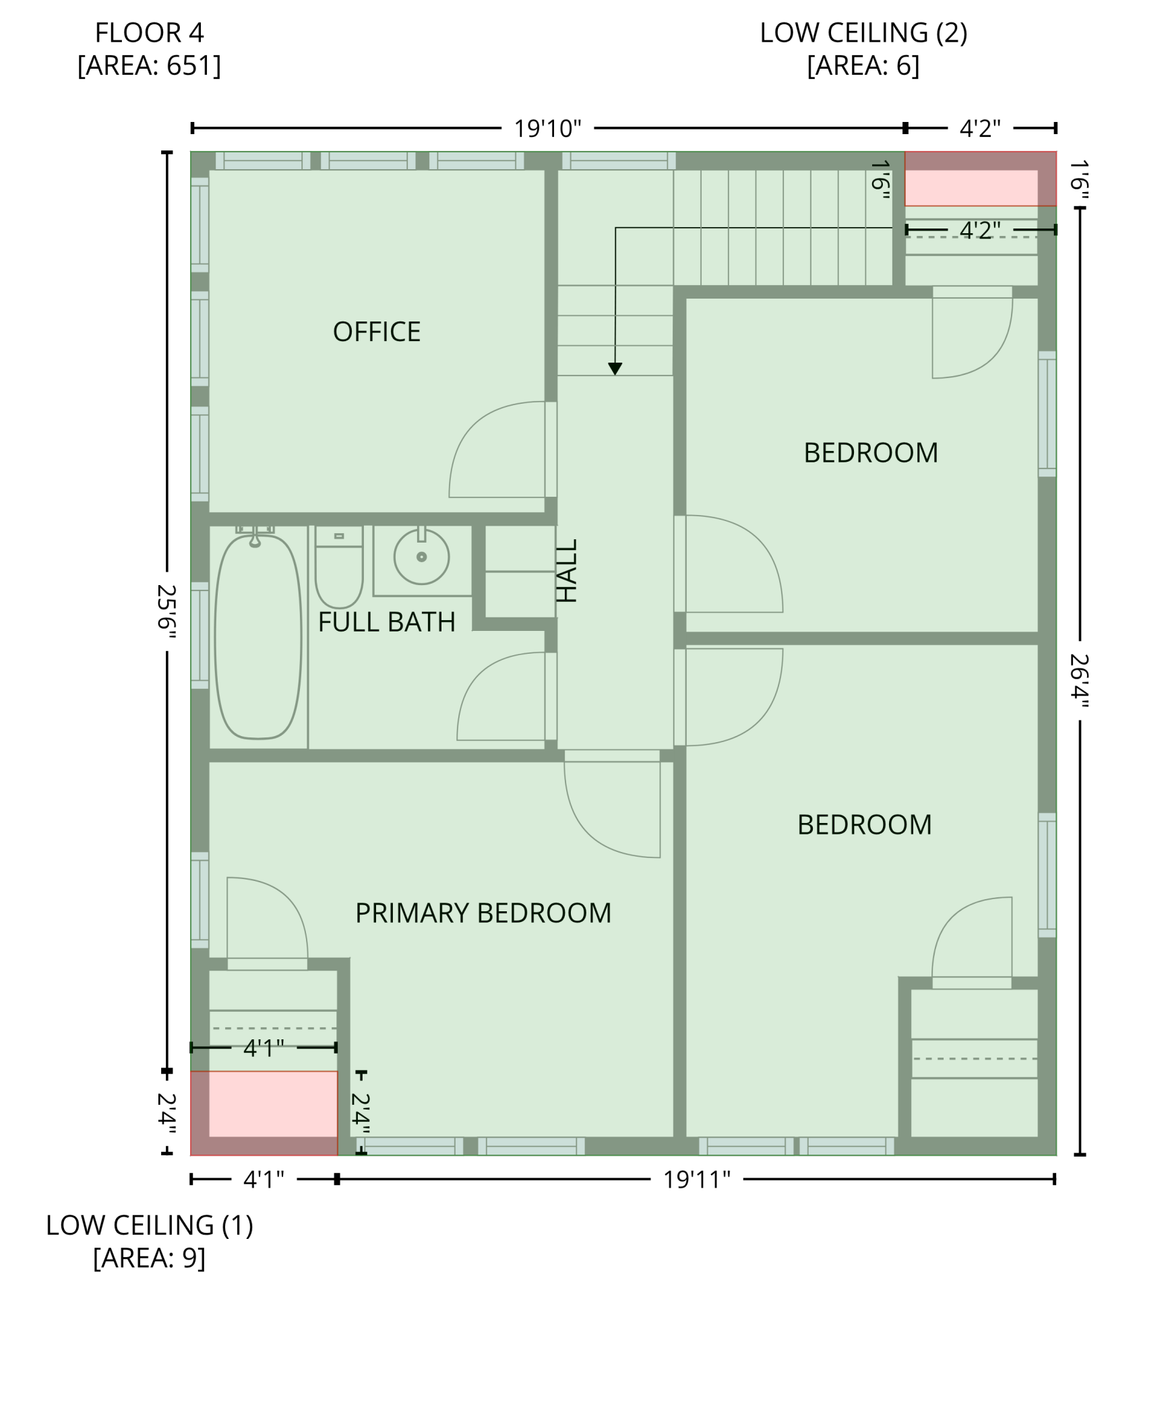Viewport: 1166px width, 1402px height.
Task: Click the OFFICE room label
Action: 376,332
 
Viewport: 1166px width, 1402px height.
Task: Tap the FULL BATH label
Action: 386,621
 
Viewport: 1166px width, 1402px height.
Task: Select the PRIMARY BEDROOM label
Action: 483,913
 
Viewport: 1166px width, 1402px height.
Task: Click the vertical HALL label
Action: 567,570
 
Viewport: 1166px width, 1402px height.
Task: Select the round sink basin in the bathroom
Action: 422,557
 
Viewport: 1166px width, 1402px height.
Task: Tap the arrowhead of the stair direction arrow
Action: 615,369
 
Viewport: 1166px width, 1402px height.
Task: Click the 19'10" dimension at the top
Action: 547,128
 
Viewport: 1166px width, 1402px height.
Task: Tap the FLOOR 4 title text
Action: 149,32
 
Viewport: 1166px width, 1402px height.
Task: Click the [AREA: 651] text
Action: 149,65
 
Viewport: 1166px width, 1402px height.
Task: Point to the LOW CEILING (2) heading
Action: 863,32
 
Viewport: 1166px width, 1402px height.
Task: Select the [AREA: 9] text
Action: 149,1258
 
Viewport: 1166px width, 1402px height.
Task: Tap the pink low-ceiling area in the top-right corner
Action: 980,179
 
